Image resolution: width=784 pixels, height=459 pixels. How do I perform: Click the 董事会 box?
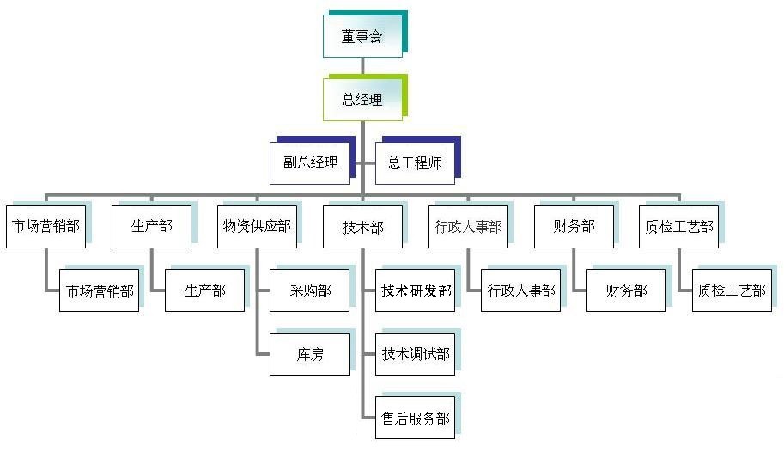click(362, 36)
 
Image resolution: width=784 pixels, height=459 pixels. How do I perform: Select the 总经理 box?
click(362, 100)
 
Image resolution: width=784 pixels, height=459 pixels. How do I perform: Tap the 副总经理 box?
click(310, 162)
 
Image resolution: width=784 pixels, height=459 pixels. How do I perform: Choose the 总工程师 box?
click(415, 162)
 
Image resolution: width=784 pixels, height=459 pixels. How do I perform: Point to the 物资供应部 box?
click(257, 227)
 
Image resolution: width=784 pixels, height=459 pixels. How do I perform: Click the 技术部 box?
click(362, 227)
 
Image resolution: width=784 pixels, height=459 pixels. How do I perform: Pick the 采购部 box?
click(310, 291)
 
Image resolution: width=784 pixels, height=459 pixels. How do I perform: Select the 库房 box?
click(310, 354)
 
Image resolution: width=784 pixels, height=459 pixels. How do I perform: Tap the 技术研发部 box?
click(416, 291)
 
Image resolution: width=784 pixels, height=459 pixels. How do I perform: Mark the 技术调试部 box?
click(416, 354)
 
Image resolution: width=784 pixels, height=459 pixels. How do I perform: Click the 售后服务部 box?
click(416, 419)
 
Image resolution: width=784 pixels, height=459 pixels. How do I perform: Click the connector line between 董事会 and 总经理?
click(362, 67)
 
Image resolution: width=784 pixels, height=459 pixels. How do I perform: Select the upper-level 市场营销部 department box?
click(46, 227)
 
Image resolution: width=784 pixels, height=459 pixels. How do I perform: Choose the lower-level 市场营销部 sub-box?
click(99, 291)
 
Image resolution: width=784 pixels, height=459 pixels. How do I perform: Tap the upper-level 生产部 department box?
click(151, 227)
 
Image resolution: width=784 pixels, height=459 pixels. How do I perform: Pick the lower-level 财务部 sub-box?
click(626, 291)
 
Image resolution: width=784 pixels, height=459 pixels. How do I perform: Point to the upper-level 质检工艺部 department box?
click(679, 227)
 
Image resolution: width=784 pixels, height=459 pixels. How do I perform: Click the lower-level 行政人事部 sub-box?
click(521, 291)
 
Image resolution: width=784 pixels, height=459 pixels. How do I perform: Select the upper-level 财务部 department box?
click(574, 227)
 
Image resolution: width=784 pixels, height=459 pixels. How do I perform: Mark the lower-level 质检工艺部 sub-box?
click(732, 291)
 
